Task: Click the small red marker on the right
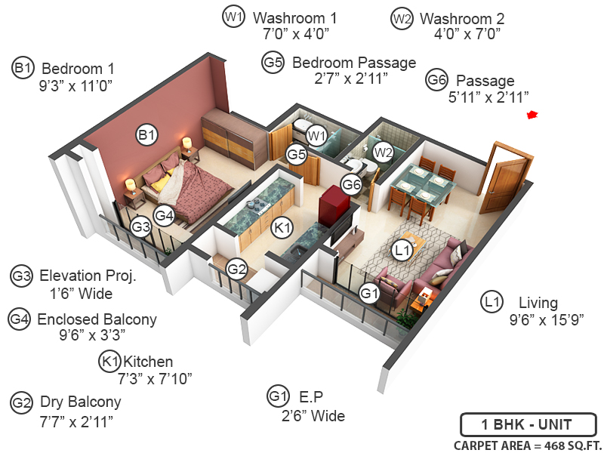532,115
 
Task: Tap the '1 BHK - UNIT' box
528,424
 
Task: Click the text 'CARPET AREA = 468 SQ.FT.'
528,445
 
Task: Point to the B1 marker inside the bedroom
146,135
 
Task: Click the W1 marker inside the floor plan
316,136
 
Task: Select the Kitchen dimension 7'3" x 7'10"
156,378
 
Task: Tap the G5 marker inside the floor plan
296,154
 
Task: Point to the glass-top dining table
427,183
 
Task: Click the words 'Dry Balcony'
80,402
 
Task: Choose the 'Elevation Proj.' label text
88,276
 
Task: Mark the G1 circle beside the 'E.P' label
278,396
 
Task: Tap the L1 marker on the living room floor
402,248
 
